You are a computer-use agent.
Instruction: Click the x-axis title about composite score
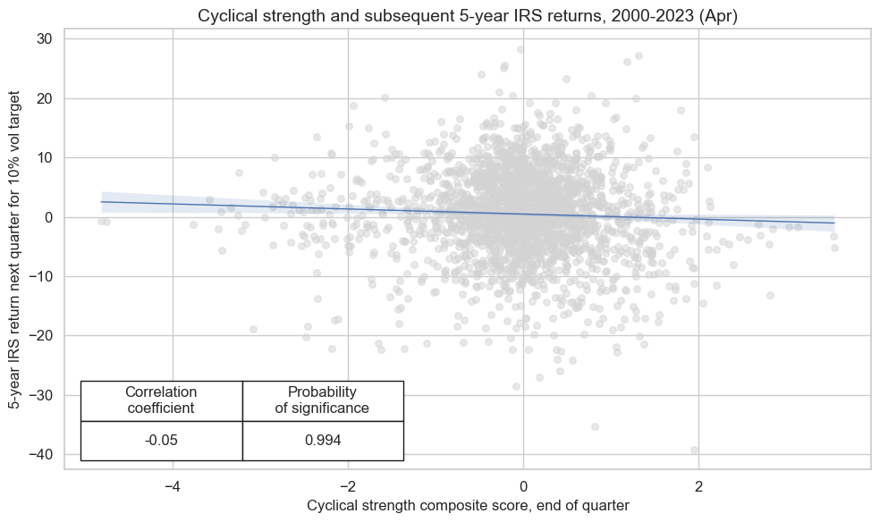[x=468, y=506]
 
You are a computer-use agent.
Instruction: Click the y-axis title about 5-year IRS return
[x=15, y=253]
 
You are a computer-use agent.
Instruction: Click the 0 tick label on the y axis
[x=50, y=217]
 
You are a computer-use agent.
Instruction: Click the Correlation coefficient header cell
[x=161, y=400]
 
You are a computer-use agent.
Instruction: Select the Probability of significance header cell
[x=322, y=400]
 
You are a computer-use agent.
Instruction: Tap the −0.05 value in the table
[x=161, y=440]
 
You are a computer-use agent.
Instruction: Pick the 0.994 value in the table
[x=322, y=440]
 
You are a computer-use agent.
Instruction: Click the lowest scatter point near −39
[x=694, y=450]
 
